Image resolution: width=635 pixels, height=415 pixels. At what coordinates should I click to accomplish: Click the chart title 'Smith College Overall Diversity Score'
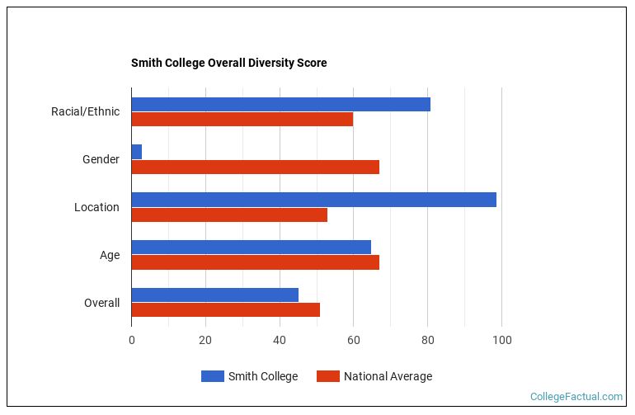(x=228, y=63)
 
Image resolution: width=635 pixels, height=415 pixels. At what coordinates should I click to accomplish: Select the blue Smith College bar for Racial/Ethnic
(x=280, y=104)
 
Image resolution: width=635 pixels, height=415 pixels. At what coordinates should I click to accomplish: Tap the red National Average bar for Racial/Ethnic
(x=242, y=119)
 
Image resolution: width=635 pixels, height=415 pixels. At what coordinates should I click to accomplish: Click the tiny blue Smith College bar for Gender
(x=136, y=152)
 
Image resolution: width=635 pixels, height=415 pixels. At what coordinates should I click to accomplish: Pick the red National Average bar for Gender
(x=255, y=167)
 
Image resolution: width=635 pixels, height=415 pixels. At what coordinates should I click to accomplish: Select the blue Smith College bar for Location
(x=313, y=200)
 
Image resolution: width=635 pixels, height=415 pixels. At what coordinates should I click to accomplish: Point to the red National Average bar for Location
(x=229, y=215)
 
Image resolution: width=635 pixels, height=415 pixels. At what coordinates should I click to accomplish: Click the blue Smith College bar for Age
(x=251, y=247)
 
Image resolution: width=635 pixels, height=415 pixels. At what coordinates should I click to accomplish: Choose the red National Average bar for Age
(x=255, y=262)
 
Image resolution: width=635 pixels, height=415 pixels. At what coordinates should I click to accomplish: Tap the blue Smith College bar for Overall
(x=214, y=295)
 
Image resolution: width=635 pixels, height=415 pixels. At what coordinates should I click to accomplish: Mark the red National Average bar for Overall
(x=225, y=310)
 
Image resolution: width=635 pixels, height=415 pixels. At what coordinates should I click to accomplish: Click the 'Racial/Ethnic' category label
(x=85, y=111)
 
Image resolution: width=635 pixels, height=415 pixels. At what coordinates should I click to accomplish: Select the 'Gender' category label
(x=101, y=159)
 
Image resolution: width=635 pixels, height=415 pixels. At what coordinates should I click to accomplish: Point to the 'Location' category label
(x=96, y=207)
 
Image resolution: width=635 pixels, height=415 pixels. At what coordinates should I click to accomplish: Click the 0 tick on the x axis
(x=131, y=340)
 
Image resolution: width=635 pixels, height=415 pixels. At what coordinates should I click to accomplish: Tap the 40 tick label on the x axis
(x=280, y=340)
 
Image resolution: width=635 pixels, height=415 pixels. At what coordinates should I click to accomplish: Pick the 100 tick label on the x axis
(x=501, y=340)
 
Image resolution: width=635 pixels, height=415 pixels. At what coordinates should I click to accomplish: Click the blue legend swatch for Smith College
(x=213, y=376)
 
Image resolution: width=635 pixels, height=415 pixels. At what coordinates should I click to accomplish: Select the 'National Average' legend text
(x=388, y=376)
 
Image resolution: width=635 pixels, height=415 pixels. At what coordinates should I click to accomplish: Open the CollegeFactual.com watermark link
(x=576, y=397)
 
